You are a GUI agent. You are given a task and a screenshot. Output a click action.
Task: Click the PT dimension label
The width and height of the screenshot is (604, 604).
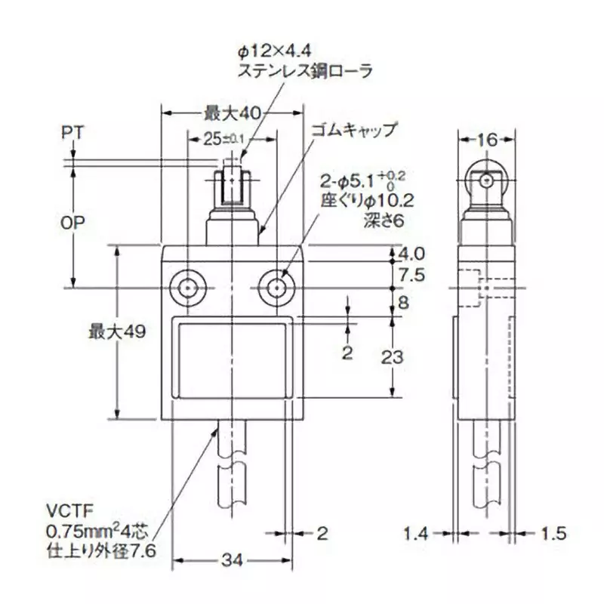72,133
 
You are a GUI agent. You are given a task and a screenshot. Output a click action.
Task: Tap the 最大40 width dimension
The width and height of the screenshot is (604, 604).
231,113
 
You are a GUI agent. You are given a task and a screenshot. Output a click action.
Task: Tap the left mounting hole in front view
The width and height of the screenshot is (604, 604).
185,288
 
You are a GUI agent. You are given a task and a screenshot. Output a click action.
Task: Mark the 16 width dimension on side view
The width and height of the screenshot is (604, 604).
488,139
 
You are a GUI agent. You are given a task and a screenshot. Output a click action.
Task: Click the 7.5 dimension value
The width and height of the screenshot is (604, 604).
412,275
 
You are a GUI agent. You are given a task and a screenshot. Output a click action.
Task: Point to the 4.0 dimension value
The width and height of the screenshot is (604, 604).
412,253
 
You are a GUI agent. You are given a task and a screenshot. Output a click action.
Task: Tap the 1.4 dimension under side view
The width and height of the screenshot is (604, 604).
415,534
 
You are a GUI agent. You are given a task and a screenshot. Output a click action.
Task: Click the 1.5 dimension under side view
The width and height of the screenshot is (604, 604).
553,534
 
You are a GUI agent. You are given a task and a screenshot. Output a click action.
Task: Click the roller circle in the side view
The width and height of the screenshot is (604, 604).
487,181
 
